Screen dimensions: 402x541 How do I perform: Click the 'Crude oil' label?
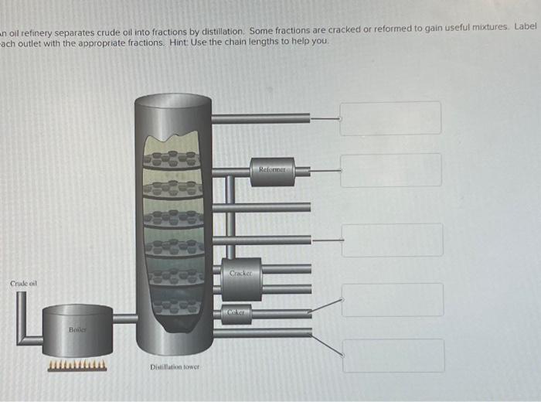(22, 284)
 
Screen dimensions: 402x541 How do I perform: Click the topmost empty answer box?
(390, 118)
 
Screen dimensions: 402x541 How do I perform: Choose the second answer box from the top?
(391, 170)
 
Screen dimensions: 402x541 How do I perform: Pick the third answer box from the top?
(392, 240)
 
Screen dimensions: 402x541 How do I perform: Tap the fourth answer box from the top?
(393, 299)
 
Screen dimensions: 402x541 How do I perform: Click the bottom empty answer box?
(393, 356)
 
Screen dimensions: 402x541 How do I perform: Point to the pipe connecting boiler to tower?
(124, 318)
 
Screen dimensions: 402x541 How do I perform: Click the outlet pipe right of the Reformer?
(302, 172)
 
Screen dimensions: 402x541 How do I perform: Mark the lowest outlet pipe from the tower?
(263, 333)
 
